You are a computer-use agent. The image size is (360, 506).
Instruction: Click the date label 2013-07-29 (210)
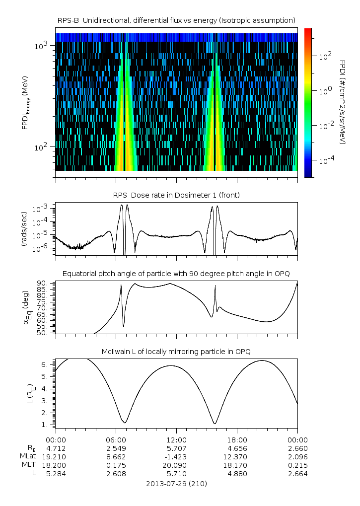click(x=176, y=483)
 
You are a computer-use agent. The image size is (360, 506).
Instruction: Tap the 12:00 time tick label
click(x=176, y=439)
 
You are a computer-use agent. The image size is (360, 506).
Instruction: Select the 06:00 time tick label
click(x=116, y=439)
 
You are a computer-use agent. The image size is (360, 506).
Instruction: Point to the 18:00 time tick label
click(x=237, y=439)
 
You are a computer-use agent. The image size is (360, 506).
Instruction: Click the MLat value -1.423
click(x=176, y=456)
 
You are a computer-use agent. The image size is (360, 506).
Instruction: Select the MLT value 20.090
click(x=176, y=465)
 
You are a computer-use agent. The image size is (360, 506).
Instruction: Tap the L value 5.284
click(x=56, y=473)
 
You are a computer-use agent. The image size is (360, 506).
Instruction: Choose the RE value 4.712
click(x=56, y=448)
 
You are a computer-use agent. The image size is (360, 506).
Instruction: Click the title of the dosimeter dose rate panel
click(x=176, y=195)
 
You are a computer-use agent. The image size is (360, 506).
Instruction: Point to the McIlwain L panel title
click(x=176, y=352)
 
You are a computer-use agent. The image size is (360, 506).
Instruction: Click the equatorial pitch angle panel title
click(x=176, y=274)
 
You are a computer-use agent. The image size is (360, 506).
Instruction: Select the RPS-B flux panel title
click(x=176, y=20)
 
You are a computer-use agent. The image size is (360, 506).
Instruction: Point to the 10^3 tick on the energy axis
click(x=41, y=46)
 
